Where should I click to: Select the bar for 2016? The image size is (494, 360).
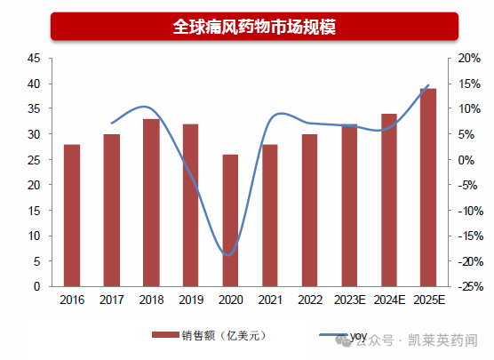72,215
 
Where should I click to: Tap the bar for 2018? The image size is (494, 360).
151,203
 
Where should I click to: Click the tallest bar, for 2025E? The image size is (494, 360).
428,188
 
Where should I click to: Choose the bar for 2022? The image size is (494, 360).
309,210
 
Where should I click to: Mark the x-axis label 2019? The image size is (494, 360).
190,300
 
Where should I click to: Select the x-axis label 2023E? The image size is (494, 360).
348,300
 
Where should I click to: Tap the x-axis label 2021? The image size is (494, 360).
269,300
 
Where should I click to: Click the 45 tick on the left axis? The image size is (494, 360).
35,58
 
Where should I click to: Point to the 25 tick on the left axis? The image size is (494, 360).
35,160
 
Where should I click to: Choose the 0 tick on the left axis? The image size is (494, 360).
37,287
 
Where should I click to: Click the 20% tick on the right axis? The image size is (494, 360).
469,58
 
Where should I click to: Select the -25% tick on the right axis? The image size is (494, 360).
470,287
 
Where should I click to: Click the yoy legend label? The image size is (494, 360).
358,336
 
